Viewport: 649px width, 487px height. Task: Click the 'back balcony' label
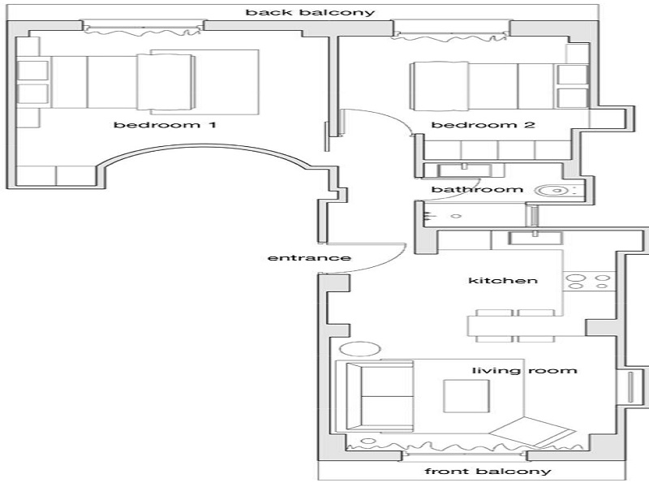pos(311,12)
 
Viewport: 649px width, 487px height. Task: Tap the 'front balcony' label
pos(488,472)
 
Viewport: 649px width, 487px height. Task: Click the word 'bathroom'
pos(476,190)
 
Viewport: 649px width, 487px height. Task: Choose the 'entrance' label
pos(308,258)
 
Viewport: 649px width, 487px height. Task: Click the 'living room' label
pos(524,371)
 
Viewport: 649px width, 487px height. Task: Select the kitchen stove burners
pos(589,282)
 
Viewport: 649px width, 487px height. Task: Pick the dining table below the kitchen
pos(514,326)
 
